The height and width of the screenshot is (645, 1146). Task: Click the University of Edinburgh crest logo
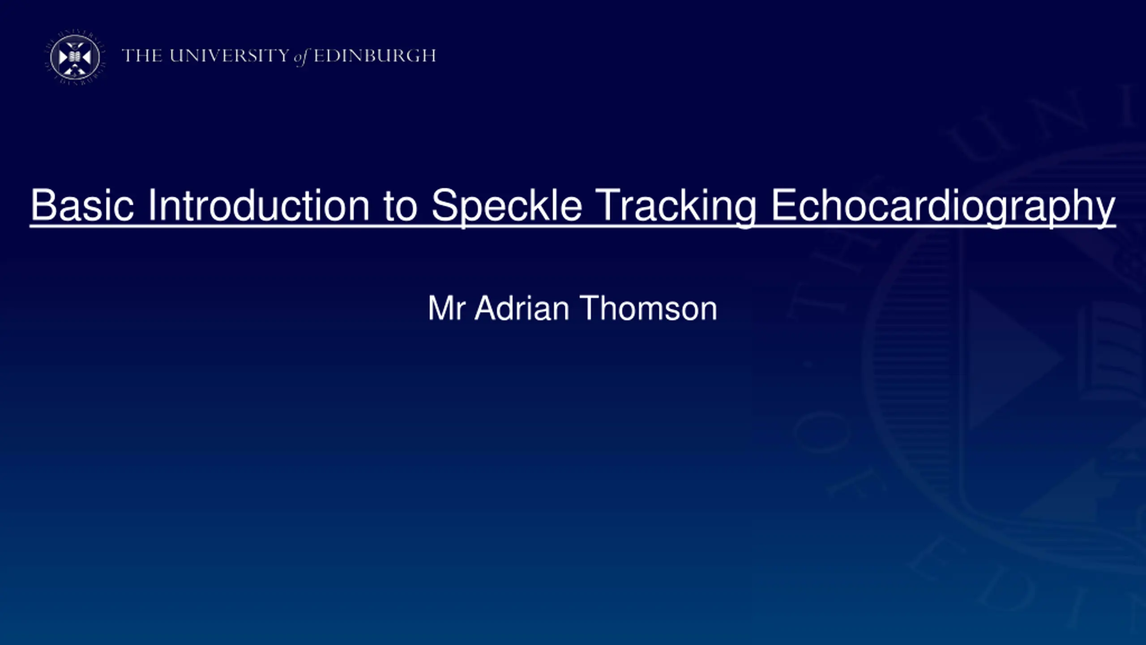(75, 57)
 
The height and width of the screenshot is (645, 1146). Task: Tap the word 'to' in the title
(400, 206)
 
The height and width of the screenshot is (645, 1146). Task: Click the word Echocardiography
(943, 208)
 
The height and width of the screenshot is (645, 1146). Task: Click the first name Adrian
(522, 308)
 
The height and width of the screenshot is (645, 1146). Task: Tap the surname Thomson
(649, 308)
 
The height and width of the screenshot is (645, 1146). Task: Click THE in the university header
(142, 56)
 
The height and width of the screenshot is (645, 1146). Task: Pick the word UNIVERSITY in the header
(230, 56)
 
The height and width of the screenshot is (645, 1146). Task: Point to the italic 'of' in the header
(302, 57)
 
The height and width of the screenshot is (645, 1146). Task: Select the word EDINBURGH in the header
(375, 56)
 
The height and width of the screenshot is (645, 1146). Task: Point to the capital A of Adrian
(487, 308)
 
